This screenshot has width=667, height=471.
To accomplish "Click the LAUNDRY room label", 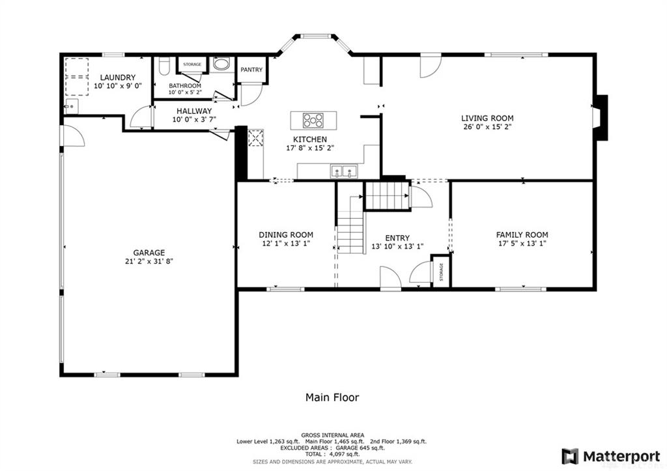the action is tap(118, 78).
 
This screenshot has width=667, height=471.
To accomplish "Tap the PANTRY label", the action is tap(251, 69).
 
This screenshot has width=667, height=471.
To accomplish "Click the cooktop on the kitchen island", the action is tap(313, 121).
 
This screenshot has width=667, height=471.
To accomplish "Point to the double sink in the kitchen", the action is tap(345, 171).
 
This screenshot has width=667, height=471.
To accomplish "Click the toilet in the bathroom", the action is tap(163, 67).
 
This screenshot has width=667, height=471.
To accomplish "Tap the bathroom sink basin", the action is tap(221, 64).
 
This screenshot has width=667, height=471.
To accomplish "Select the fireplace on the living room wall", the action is tap(600, 117).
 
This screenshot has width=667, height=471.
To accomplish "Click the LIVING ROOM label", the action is tap(487, 119).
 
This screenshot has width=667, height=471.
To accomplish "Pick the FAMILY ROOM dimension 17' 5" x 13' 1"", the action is tap(522, 244).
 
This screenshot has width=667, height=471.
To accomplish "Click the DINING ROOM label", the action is tap(286, 235).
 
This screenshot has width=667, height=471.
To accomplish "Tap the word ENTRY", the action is tap(397, 238).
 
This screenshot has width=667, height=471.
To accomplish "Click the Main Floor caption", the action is tap(332, 397).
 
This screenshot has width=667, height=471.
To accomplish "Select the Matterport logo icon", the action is tap(570, 457).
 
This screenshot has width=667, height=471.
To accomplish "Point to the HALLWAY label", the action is tap(194, 111).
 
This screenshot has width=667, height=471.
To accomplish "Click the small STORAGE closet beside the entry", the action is tap(441, 271).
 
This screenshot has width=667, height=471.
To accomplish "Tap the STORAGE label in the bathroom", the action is tap(192, 64).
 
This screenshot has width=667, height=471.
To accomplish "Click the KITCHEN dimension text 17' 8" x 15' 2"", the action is tap(310, 148).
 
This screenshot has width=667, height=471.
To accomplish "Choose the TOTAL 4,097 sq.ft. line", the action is tap(332, 455).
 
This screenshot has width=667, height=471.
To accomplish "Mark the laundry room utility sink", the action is tap(70, 106).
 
